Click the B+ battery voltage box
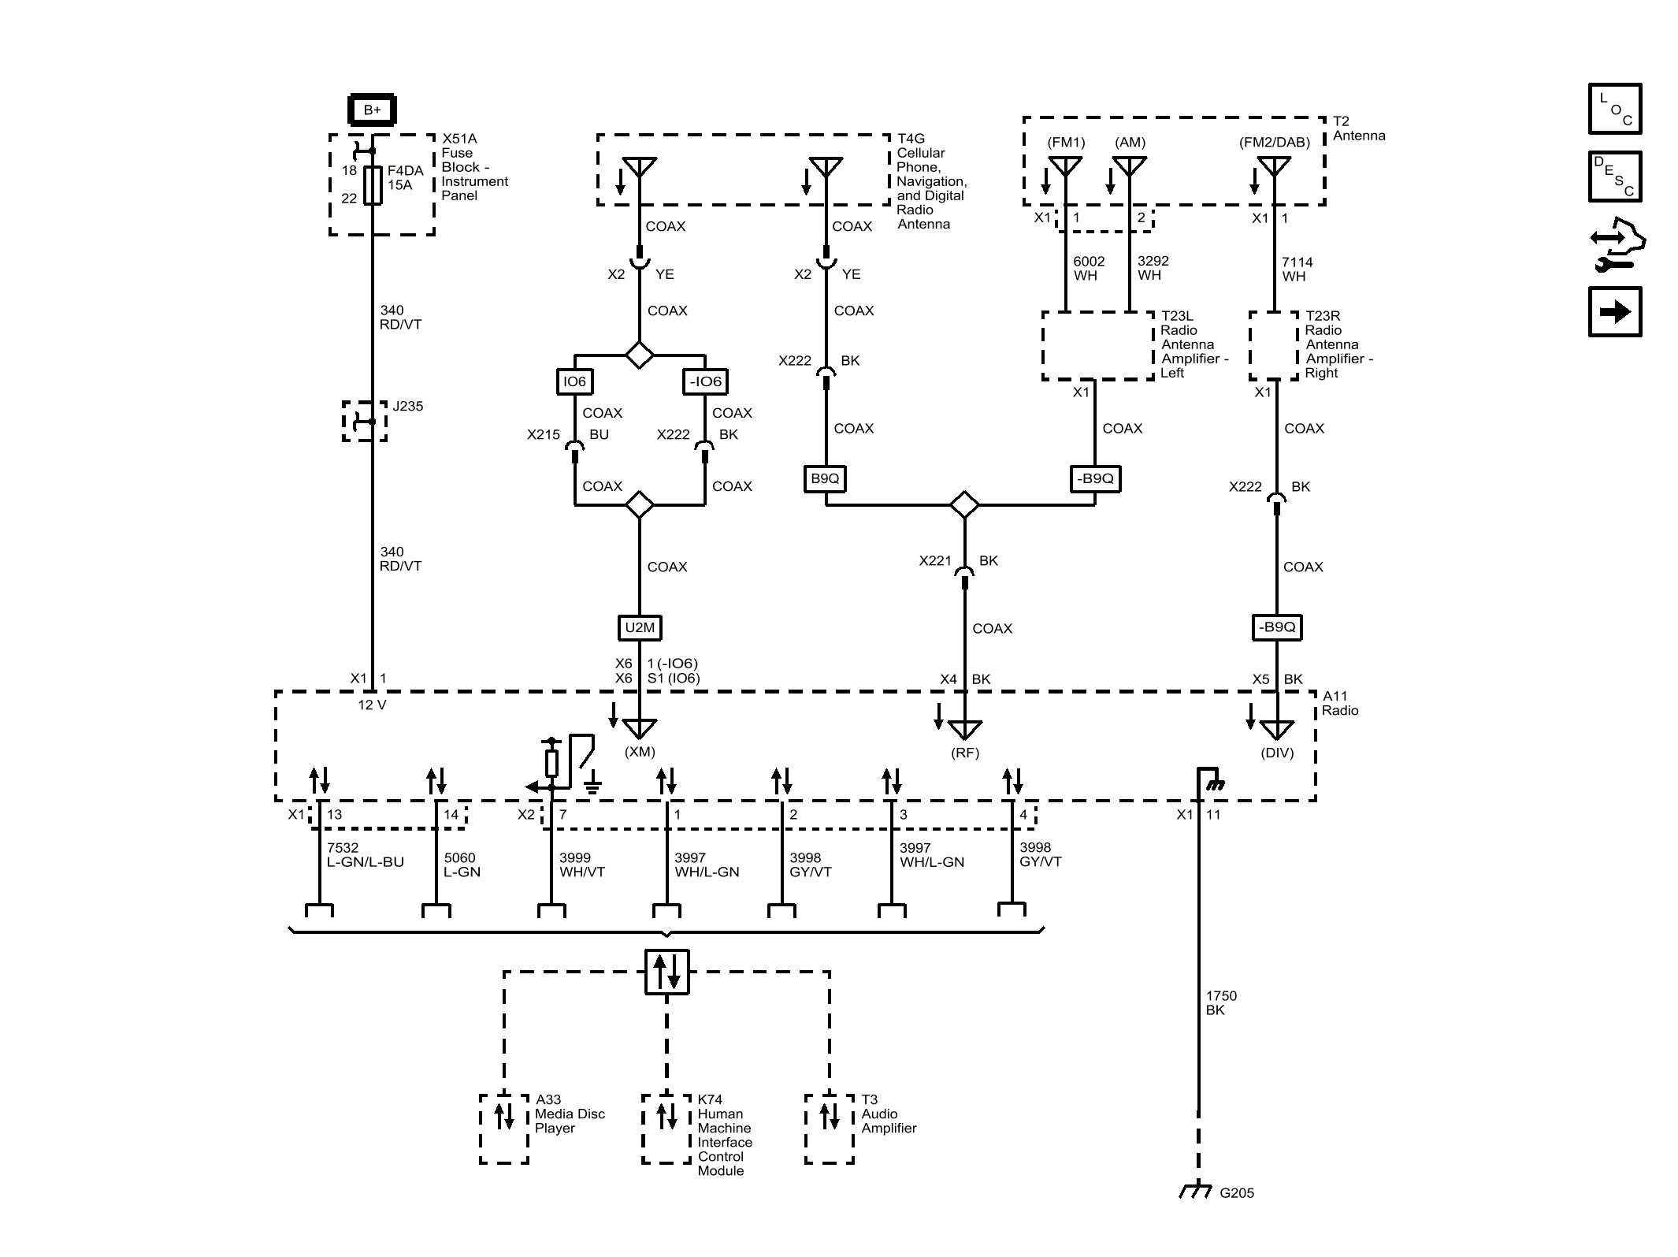point(372,110)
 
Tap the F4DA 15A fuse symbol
point(373,185)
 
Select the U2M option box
point(639,627)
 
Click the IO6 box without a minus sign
point(574,381)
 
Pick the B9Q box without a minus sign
point(825,478)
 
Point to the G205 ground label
point(1236,1193)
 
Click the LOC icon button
point(1614,109)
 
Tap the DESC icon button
point(1614,177)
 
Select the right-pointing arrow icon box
point(1614,312)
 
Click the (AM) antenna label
point(1130,143)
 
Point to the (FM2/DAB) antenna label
point(1274,143)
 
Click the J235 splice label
point(408,407)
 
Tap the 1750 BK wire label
point(1221,1002)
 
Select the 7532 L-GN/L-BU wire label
point(365,855)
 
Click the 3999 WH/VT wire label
point(581,865)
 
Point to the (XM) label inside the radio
point(640,752)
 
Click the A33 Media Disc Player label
point(570,1114)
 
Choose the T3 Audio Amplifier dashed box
point(829,1129)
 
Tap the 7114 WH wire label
point(1297,270)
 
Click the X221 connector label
point(935,561)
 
